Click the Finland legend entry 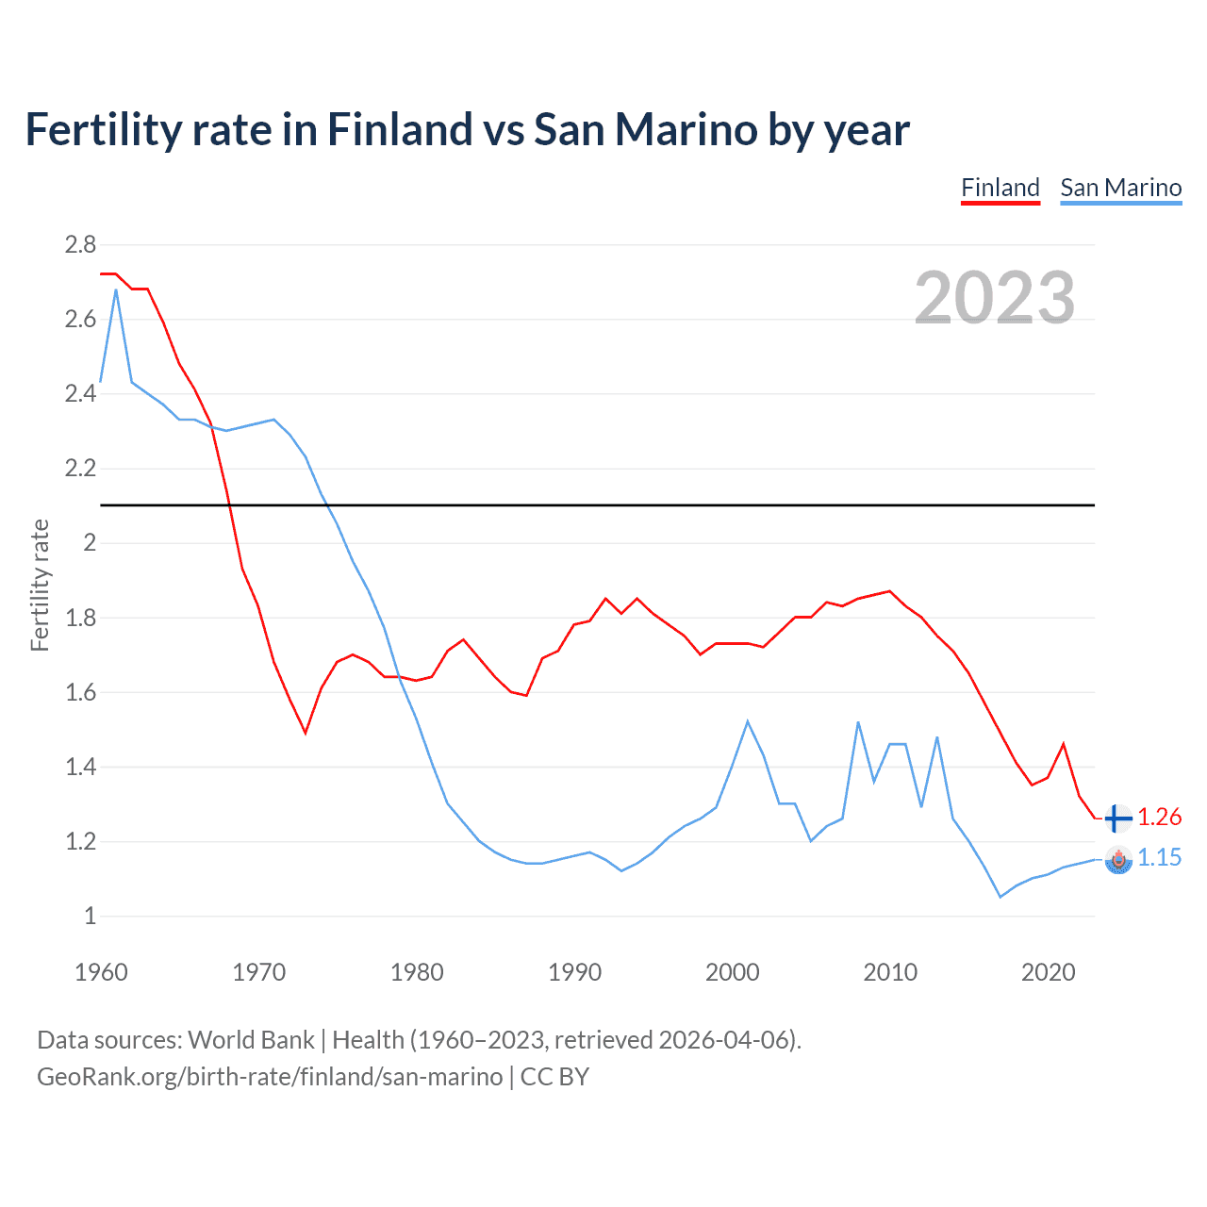tap(1000, 188)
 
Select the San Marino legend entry tap(1120, 188)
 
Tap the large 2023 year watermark tap(995, 298)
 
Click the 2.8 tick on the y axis tap(80, 245)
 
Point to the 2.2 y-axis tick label tap(80, 469)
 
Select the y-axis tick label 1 tap(90, 916)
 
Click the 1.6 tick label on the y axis tap(80, 692)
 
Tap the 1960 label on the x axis tap(101, 972)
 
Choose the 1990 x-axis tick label tap(574, 972)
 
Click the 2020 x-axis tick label tap(1048, 972)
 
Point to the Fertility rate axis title tap(40, 585)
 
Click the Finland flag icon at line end tap(1117, 818)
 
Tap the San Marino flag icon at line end tap(1117, 859)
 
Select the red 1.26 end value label tap(1159, 818)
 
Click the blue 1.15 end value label tap(1159, 857)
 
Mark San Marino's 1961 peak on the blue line tap(116, 289)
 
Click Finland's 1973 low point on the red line tap(306, 733)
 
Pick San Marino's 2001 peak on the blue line tap(748, 721)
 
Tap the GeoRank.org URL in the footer tap(270, 1077)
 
